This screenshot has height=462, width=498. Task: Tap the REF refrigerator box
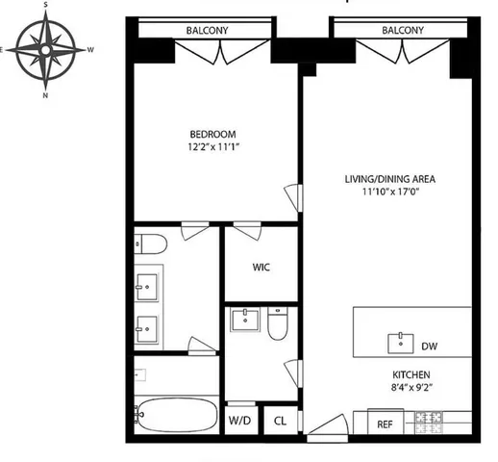[x=384, y=423]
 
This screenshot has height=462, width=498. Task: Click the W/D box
[x=239, y=421]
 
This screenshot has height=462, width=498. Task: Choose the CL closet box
[x=280, y=421]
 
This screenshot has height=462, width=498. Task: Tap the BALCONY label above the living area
[x=402, y=31]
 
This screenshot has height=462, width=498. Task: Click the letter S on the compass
[x=46, y=6]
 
